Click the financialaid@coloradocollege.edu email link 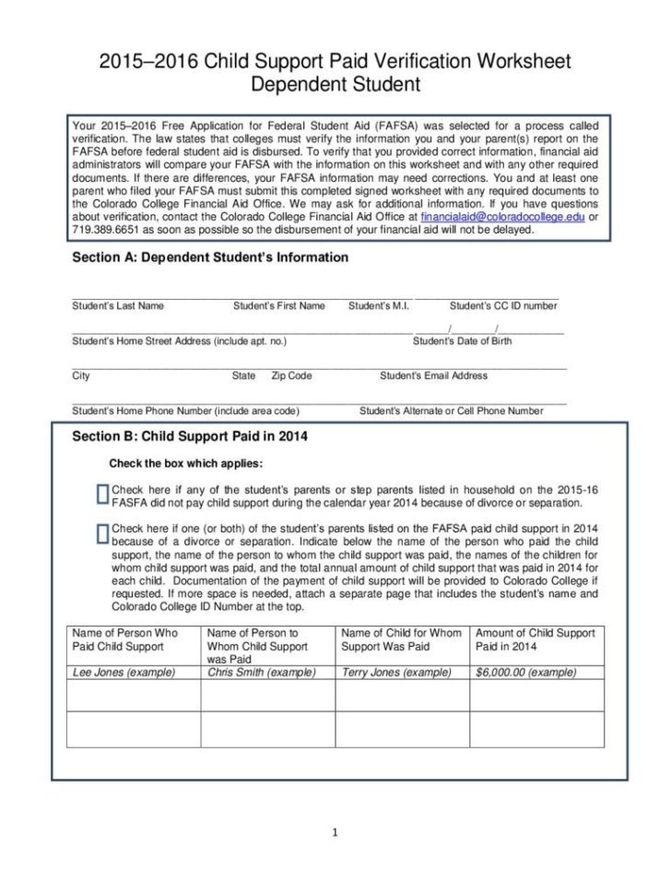[502, 215]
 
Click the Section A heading [210, 257]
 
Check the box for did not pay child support [101, 495]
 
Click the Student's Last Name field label [117, 305]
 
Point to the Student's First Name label [278, 305]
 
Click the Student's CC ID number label [502, 305]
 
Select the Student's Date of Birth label [462, 341]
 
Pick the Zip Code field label [291, 376]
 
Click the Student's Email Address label [433, 376]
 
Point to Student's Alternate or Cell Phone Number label [451, 411]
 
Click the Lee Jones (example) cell [124, 673]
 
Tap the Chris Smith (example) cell [261, 673]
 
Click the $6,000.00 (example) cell [525, 673]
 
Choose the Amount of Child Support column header [536, 639]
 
